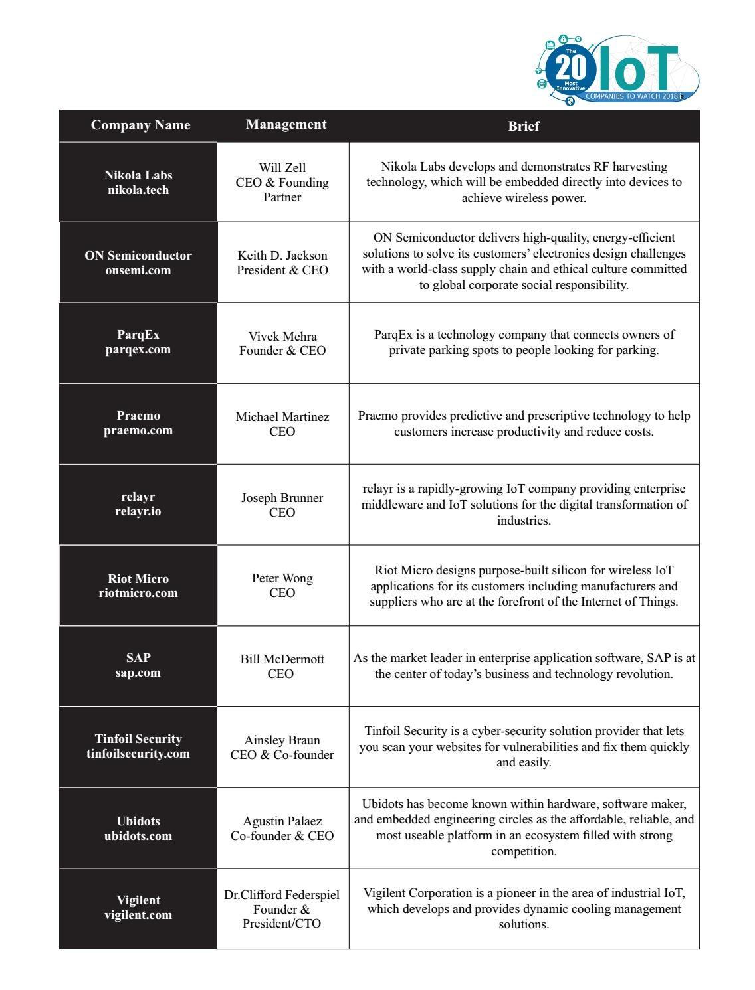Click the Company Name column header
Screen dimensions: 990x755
pos(140,125)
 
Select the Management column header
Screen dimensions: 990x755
pos(286,125)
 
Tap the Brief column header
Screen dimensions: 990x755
pos(524,126)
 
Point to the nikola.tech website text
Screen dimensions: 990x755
pos(138,190)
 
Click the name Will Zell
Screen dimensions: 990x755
pos(282,168)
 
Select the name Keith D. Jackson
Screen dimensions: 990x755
pos(282,256)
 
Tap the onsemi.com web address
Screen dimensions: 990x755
pos(138,270)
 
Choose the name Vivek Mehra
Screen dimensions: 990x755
pos(282,337)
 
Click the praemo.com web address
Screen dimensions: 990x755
pos(138,430)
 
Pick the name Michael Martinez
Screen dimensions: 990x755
pos(282,417)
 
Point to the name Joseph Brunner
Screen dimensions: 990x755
pos(282,498)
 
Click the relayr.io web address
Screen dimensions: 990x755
pos(138,511)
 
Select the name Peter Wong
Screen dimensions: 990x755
pos(282,578)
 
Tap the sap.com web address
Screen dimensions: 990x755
pos(138,673)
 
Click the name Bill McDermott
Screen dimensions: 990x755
pos(282,659)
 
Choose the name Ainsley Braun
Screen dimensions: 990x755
pos(282,740)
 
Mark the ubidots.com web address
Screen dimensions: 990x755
pos(138,836)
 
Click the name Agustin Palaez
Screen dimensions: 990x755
pos(282,821)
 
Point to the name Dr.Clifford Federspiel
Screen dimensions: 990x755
pos(282,895)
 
